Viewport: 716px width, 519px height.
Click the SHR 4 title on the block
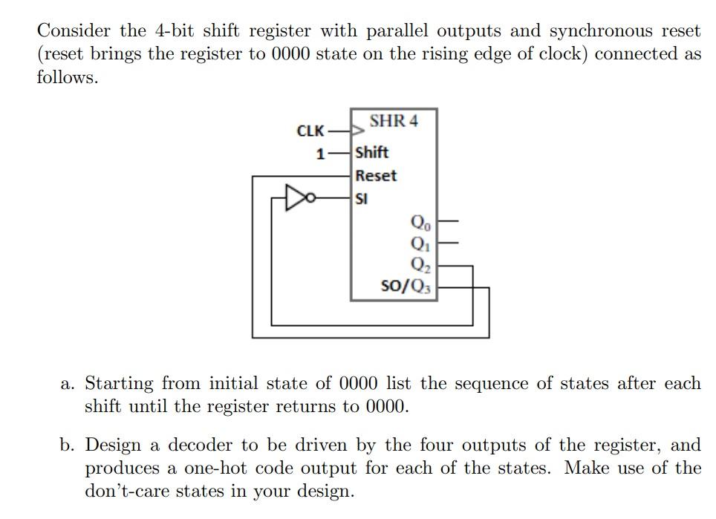(394, 121)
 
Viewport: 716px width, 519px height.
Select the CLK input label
(310, 131)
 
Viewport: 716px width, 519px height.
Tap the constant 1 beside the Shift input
(320, 154)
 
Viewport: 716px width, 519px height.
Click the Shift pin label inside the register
(372, 152)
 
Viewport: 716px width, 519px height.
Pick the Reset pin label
(376, 176)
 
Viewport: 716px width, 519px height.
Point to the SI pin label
(362, 198)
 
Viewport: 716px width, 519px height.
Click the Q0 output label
(418, 221)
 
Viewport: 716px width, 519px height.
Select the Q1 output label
(418, 242)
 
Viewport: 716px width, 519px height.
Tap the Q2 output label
(418, 264)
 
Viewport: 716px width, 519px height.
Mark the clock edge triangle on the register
(358, 131)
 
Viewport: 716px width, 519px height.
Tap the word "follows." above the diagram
(68, 77)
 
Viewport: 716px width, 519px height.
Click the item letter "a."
(68, 384)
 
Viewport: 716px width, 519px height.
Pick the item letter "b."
(68, 445)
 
